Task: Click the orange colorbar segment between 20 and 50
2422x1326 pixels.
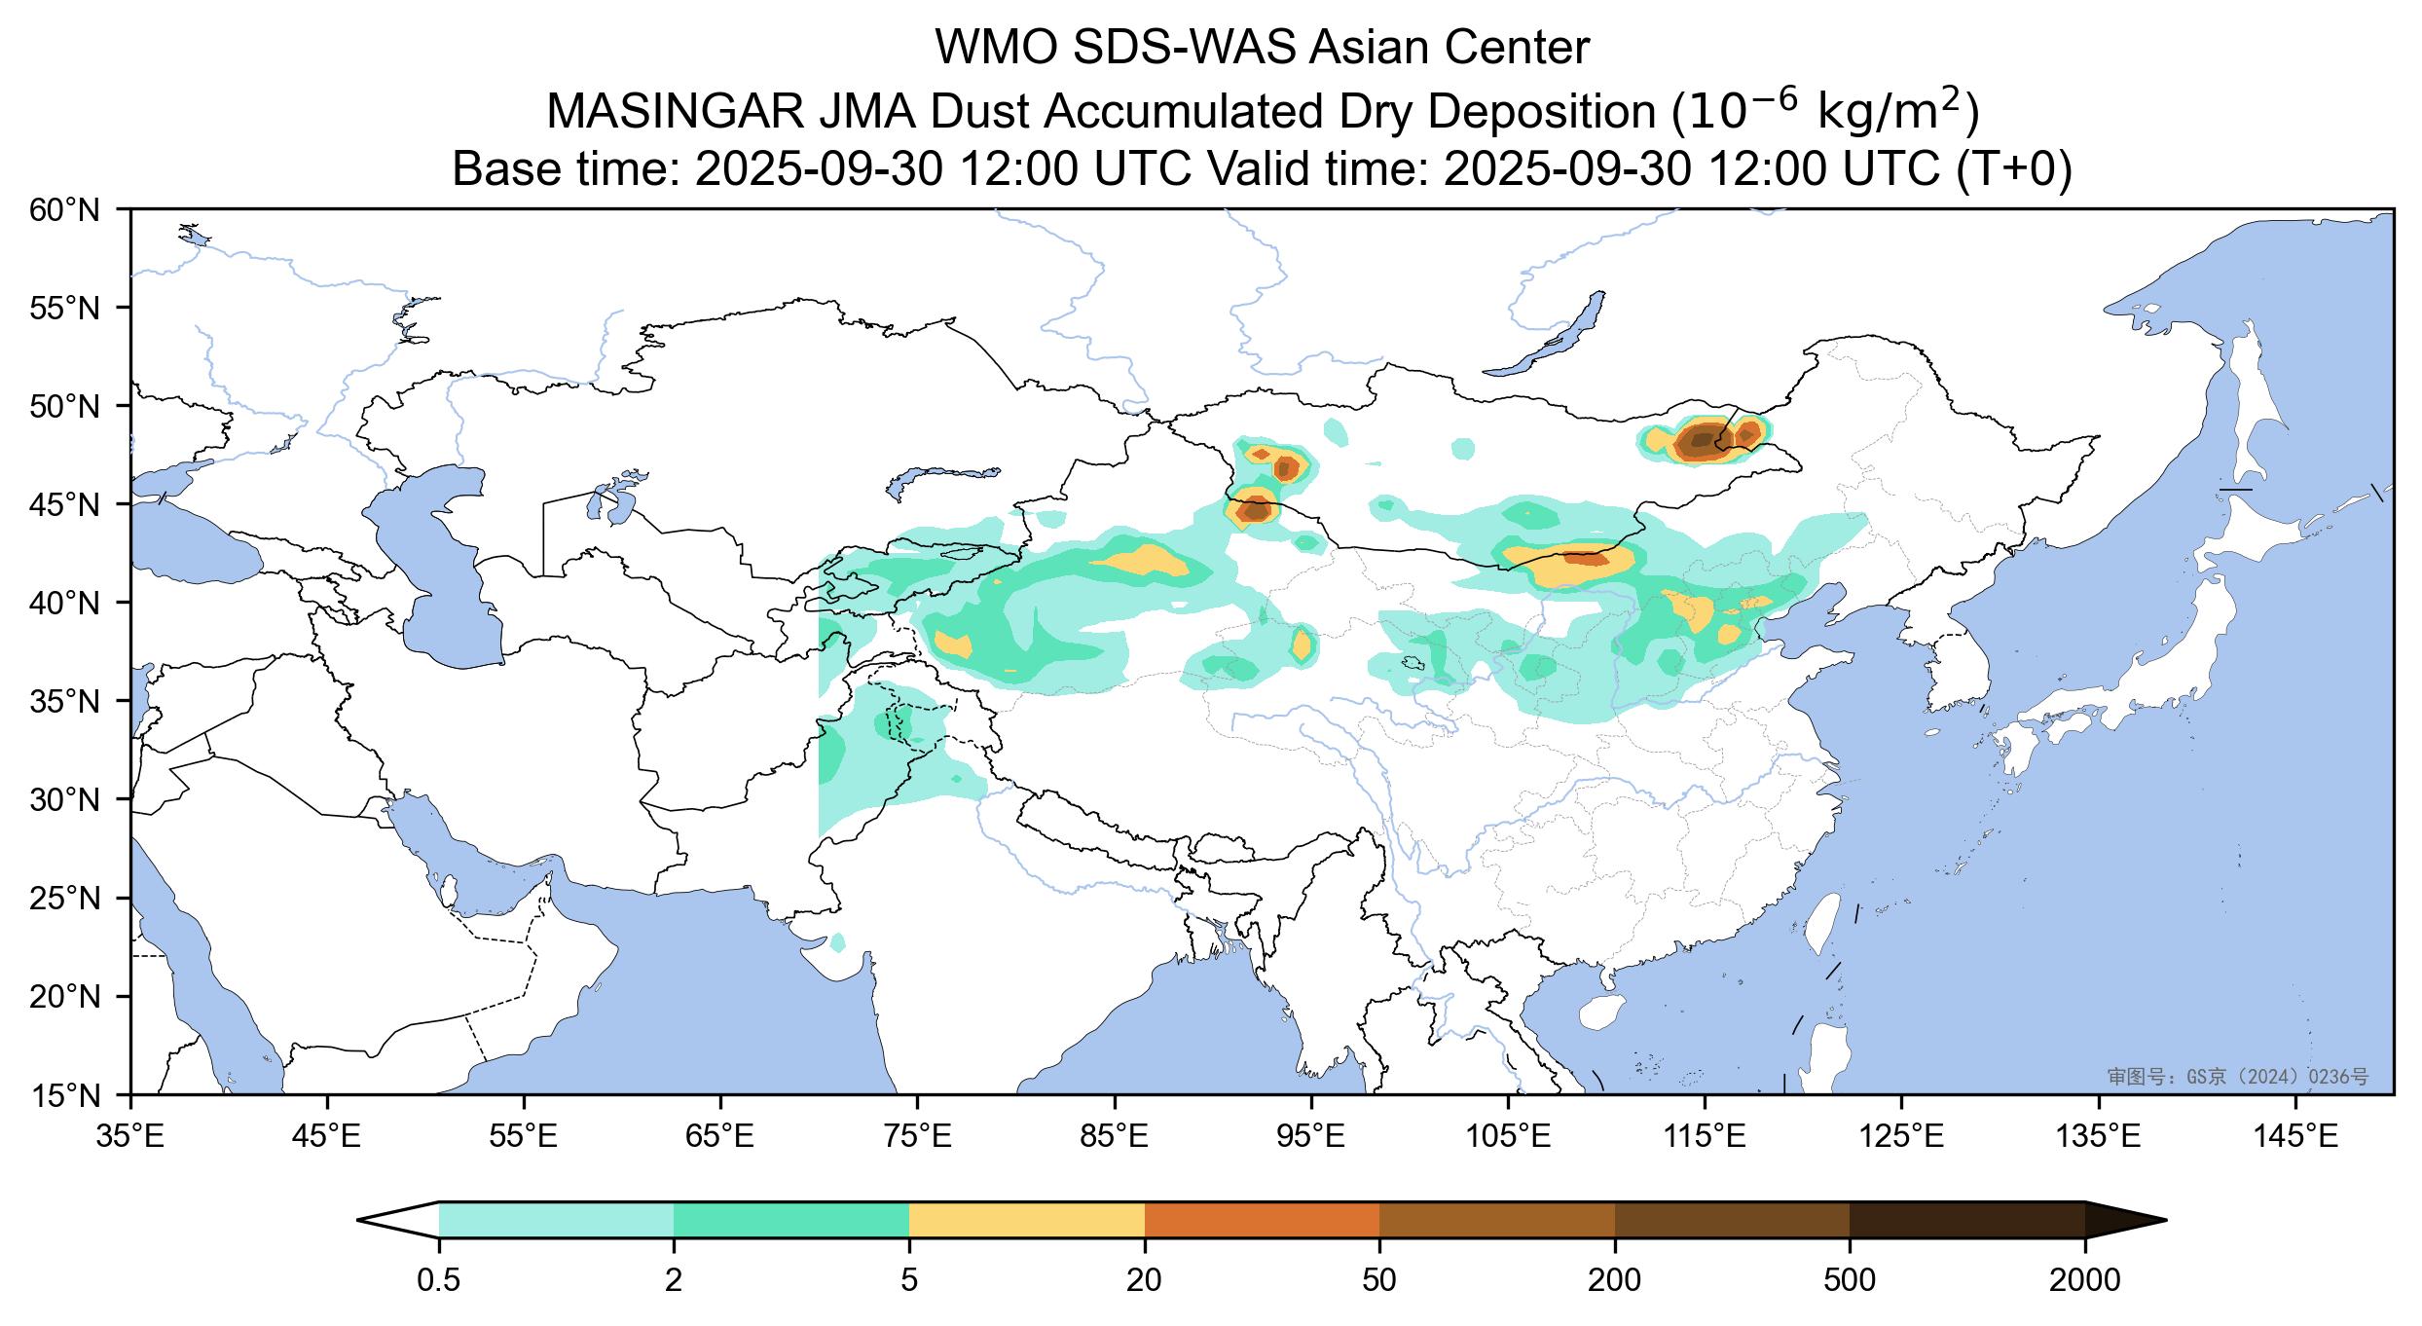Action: point(1262,1220)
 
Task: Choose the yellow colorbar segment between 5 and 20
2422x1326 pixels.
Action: point(1026,1220)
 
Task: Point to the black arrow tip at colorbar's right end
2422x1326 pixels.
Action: point(2122,1220)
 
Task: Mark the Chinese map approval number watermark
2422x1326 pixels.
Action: point(2237,1077)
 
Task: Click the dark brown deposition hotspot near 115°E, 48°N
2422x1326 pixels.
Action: point(1702,440)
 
